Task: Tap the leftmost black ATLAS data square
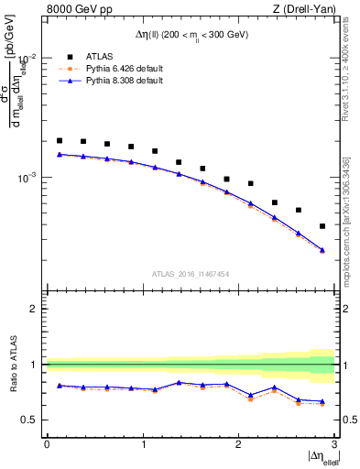pyautogui.click(x=60, y=141)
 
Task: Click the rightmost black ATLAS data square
pyautogui.click(x=322, y=226)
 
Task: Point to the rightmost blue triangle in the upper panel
pyautogui.click(x=322, y=250)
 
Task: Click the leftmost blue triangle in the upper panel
pyautogui.click(x=60, y=154)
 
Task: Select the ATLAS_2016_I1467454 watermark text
pyautogui.click(x=191, y=273)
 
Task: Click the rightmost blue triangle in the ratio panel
pyautogui.click(x=322, y=401)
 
